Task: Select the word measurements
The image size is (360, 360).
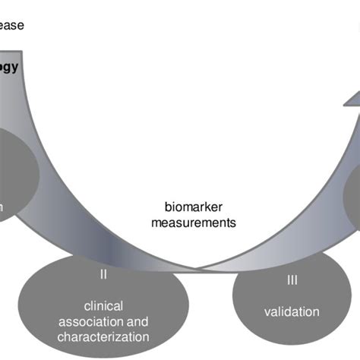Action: [x=193, y=223]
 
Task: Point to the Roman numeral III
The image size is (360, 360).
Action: [x=292, y=281]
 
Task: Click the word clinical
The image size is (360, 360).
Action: [x=103, y=305]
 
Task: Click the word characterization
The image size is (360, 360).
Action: [x=103, y=336]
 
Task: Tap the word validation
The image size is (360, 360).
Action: [x=292, y=312]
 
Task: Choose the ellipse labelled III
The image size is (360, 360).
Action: [x=292, y=300]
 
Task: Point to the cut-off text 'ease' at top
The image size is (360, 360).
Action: [x=11, y=25]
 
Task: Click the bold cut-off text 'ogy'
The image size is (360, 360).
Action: [x=9, y=67]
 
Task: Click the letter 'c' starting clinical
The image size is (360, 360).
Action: [x=87, y=305]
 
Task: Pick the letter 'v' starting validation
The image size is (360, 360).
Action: [x=267, y=312]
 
